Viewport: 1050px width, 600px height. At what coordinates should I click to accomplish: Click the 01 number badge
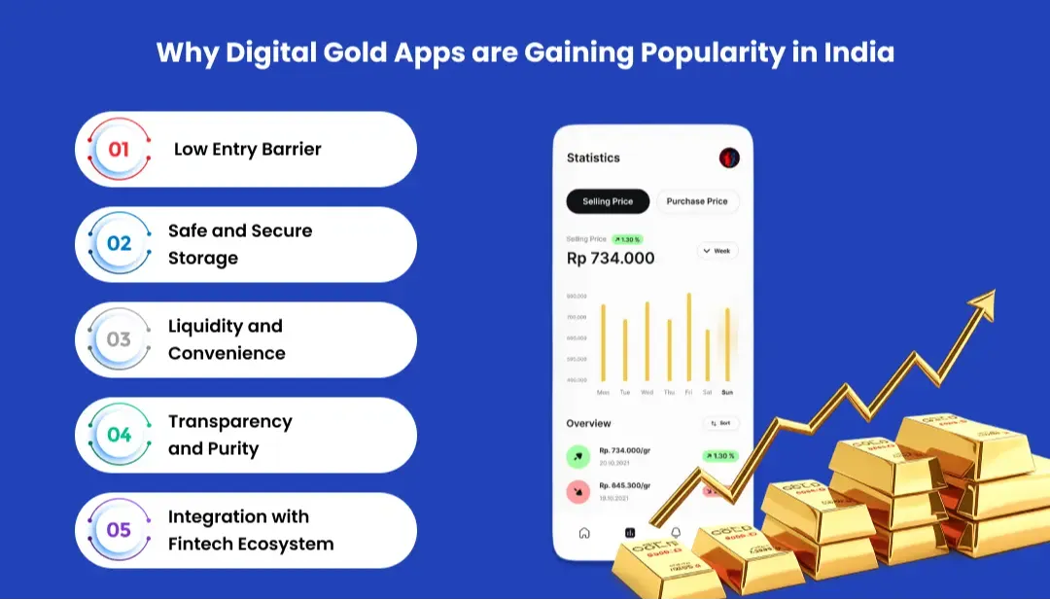pos(119,150)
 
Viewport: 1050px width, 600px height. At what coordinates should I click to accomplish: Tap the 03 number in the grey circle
pos(119,340)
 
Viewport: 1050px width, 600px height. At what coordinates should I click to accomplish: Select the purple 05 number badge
pos(119,531)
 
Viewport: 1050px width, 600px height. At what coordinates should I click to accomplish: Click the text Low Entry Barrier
pos(247,150)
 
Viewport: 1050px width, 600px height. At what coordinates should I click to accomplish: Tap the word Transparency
pos(229,422)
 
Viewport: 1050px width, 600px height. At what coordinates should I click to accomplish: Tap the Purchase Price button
pos(697,201)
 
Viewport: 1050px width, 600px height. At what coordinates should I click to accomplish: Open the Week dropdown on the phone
pos(717,251)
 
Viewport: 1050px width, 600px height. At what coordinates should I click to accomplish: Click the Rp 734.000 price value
pos(611,259)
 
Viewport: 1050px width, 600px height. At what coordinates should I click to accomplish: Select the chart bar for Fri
pos(689,337)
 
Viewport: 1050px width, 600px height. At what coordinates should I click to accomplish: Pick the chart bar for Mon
pos(603,343)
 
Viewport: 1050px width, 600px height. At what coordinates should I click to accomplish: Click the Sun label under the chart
pos(727,392)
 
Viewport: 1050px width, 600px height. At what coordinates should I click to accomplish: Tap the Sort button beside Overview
pos(721,424)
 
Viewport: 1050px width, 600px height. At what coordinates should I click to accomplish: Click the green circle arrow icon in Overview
pos(577,455)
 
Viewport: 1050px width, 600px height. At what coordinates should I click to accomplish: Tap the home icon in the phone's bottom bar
pos(584,533)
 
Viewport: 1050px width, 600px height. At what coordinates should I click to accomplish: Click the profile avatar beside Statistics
pos(729,158)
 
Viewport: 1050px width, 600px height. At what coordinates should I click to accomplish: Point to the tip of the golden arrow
pos(994,291)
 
